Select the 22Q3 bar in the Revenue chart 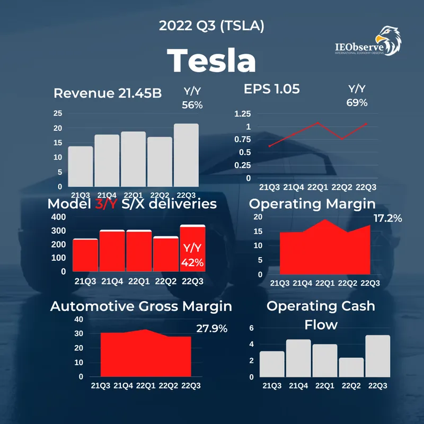click(x=186, y=155)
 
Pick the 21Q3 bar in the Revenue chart click(x=81, y=166)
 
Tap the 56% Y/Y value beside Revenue click(x=192, y=105)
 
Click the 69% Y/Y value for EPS click(x=357, y=103)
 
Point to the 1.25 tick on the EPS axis click(x=242, y=113)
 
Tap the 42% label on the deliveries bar click(x=192, y=262)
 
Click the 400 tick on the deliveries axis click(x=59, y=217)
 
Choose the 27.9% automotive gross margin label click(x=211, y=329)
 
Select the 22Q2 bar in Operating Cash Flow click(x=351, y=367)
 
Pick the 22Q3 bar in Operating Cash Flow click(x=378, y=356)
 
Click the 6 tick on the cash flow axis click(x=252, y=328)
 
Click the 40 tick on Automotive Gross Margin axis click(x=78, y=319)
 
